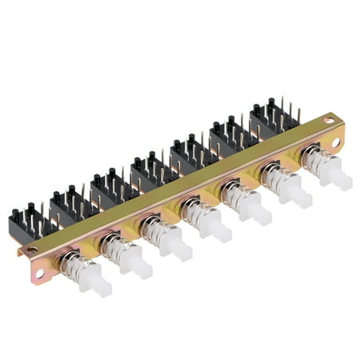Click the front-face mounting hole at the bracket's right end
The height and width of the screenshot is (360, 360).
tap(335, 142)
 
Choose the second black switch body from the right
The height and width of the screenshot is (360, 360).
tap(230, 136)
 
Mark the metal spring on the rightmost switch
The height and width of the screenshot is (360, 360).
tap(316, 163)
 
